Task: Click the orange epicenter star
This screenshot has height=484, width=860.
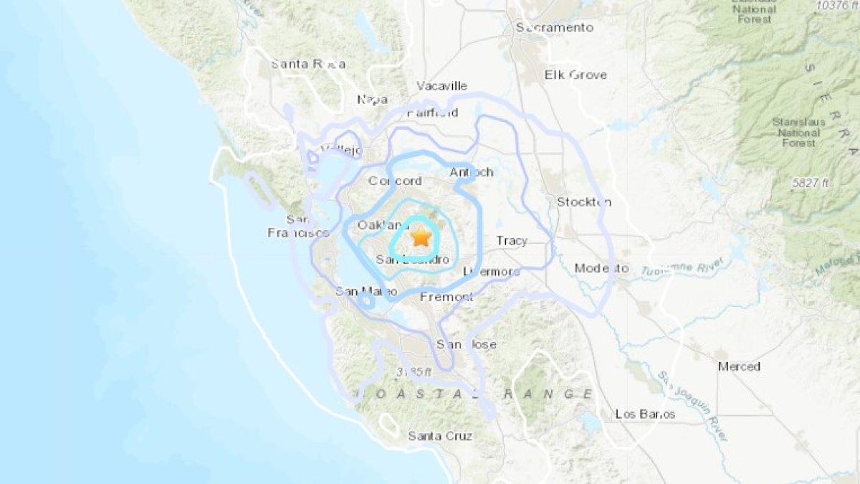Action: (x=421, y=236)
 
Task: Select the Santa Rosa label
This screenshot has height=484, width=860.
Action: (x=307, y=64)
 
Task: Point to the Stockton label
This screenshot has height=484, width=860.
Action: (x=584, y=201)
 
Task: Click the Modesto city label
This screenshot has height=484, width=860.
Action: (x=601, y=268)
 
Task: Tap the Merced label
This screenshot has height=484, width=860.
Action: (x=739, y=366)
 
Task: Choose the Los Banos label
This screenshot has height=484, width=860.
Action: (x=645, y=414)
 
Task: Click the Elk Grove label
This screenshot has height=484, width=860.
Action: (x=575, y=75)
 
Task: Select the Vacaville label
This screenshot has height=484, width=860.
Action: (x=442, y=86)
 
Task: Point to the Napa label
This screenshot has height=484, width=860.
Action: (x=373, y=99)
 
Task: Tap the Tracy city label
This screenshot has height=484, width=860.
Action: (x=512, y=241)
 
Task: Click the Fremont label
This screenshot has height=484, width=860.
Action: (x=446, y=296)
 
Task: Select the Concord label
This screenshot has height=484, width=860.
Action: (x=395, y=181)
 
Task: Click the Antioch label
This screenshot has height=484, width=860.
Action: (x=472, y=172)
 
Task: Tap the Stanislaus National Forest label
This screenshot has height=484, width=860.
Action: (x=799, y=133)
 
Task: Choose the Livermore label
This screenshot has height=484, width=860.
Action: (x=491, y=272)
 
